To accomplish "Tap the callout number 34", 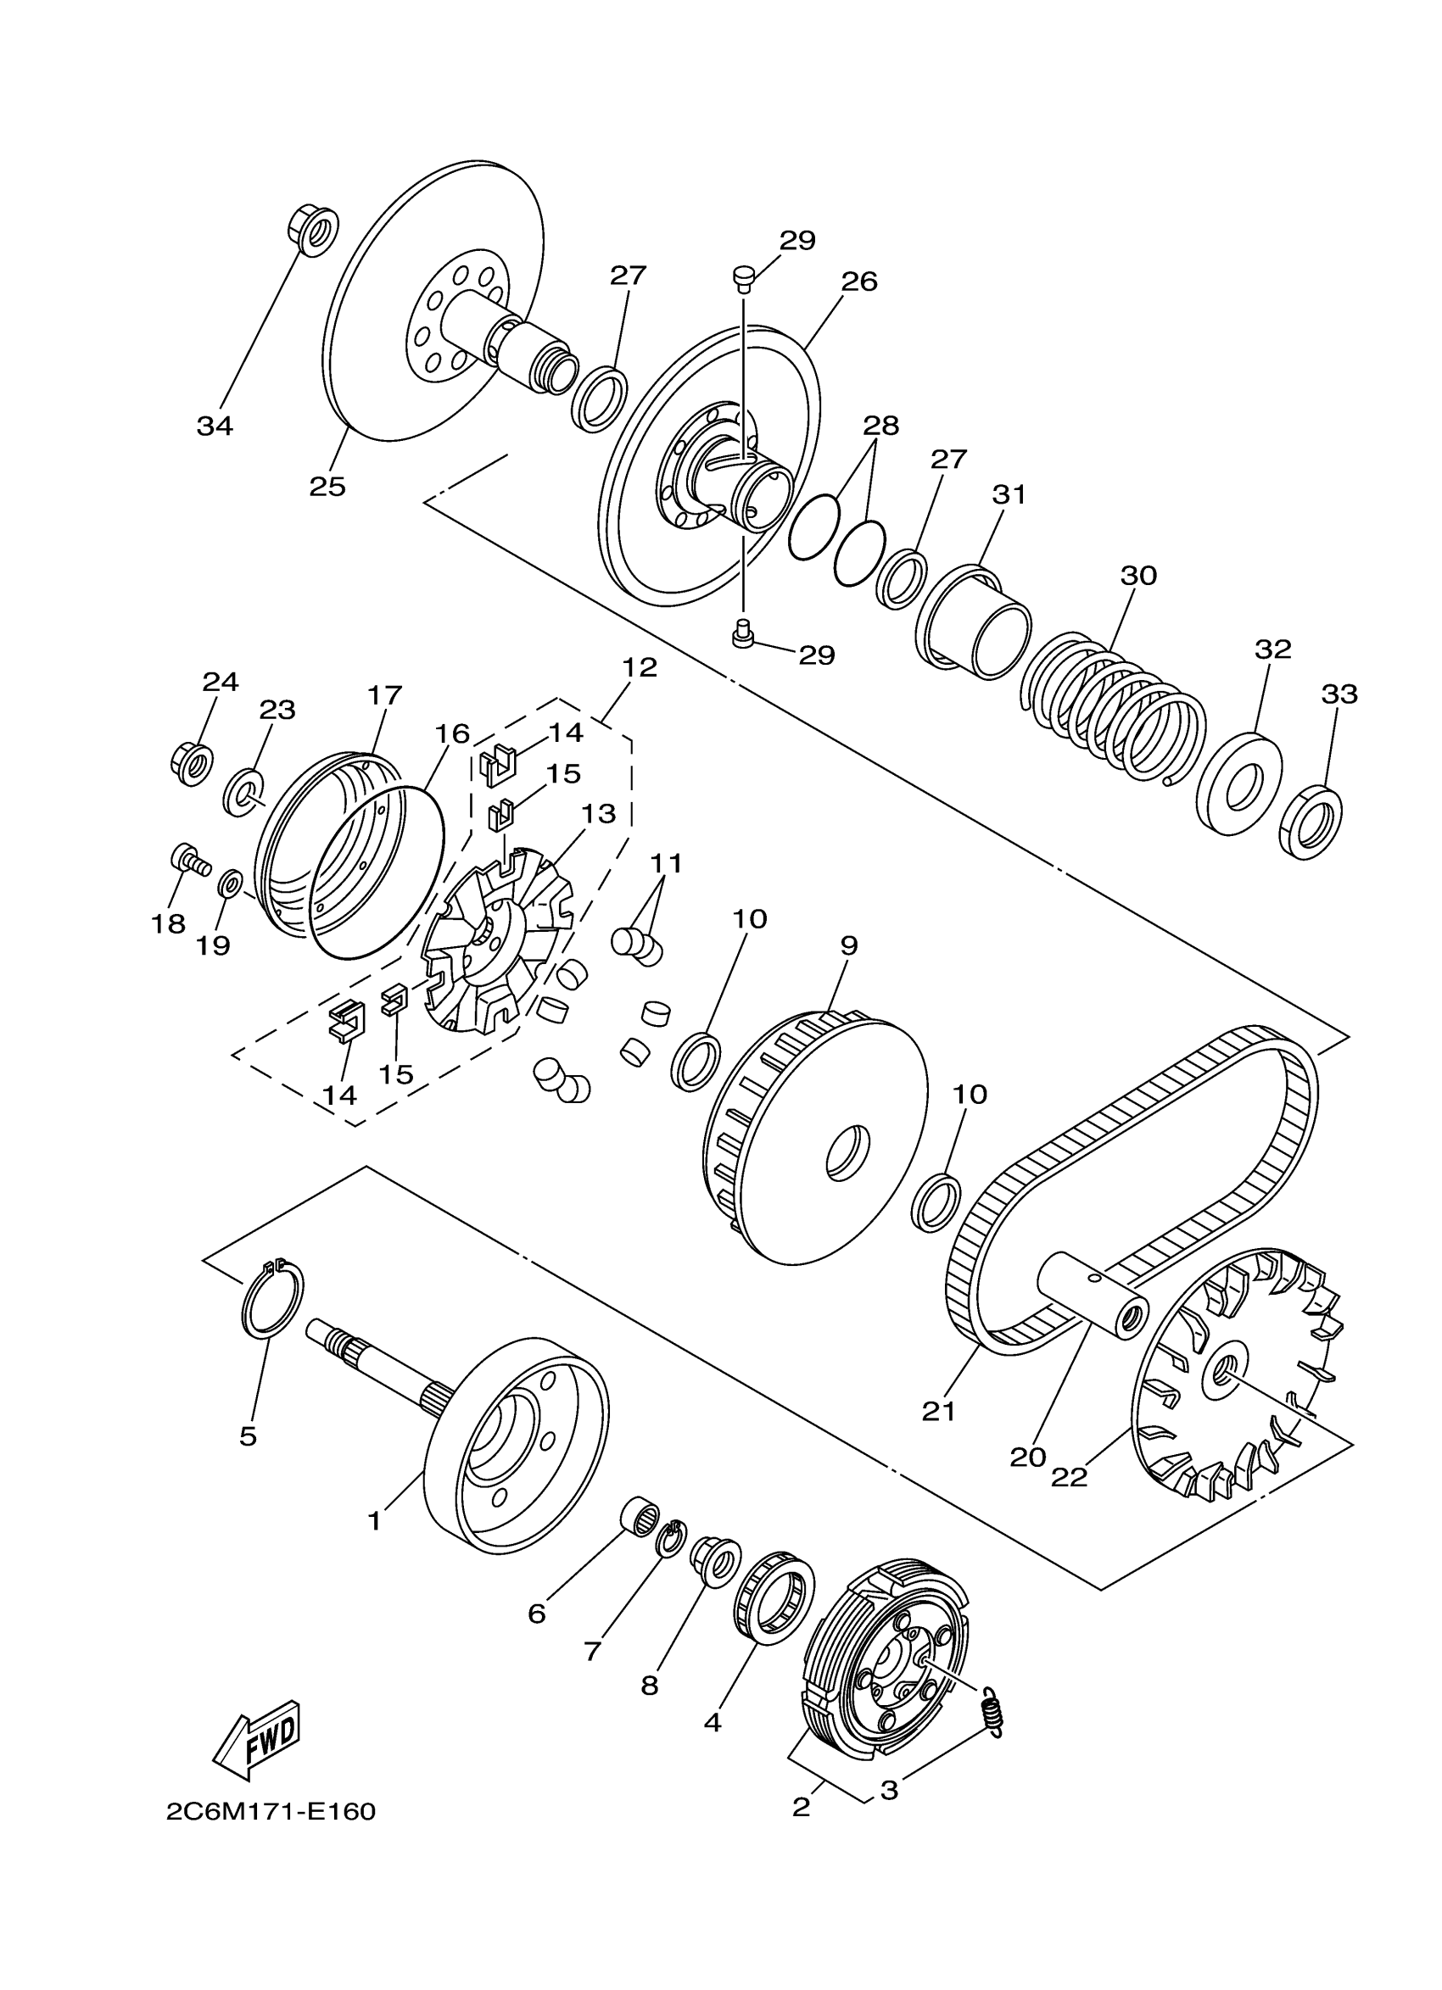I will [214, 426].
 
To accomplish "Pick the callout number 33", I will [1339, 694].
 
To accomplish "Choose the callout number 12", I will [639, 666].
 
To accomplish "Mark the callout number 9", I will [848, 945].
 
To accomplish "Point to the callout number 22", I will [1069, 1477].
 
